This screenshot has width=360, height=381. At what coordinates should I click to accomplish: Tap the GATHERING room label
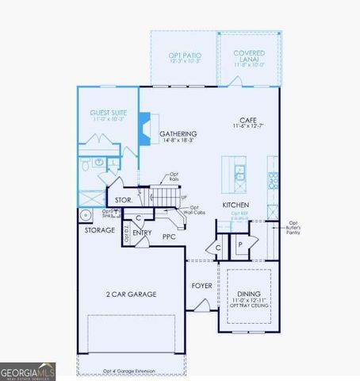click(178, 134)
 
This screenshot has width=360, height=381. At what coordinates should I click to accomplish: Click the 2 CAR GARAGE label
click(131, 294)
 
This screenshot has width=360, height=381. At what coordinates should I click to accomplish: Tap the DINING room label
click(249, 294)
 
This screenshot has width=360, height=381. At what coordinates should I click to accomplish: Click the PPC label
click(169, 236)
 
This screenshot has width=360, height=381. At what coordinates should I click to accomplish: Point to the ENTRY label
click(143, 233)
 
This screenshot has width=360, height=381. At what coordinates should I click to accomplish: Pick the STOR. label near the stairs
click(122, 200)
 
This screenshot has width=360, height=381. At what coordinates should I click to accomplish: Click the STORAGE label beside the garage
click(100, 230)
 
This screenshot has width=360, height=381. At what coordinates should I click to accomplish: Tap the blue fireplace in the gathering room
click(145, 129)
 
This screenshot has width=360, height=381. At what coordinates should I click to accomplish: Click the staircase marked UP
click(164, 194)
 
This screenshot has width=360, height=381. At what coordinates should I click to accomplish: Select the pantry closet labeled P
click(239, 246)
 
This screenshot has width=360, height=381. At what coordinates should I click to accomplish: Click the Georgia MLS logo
click(28, 371)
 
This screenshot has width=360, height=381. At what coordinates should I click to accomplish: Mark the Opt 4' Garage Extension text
click(132, 370)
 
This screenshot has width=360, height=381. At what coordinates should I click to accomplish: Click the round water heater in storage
click(85, 214)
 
